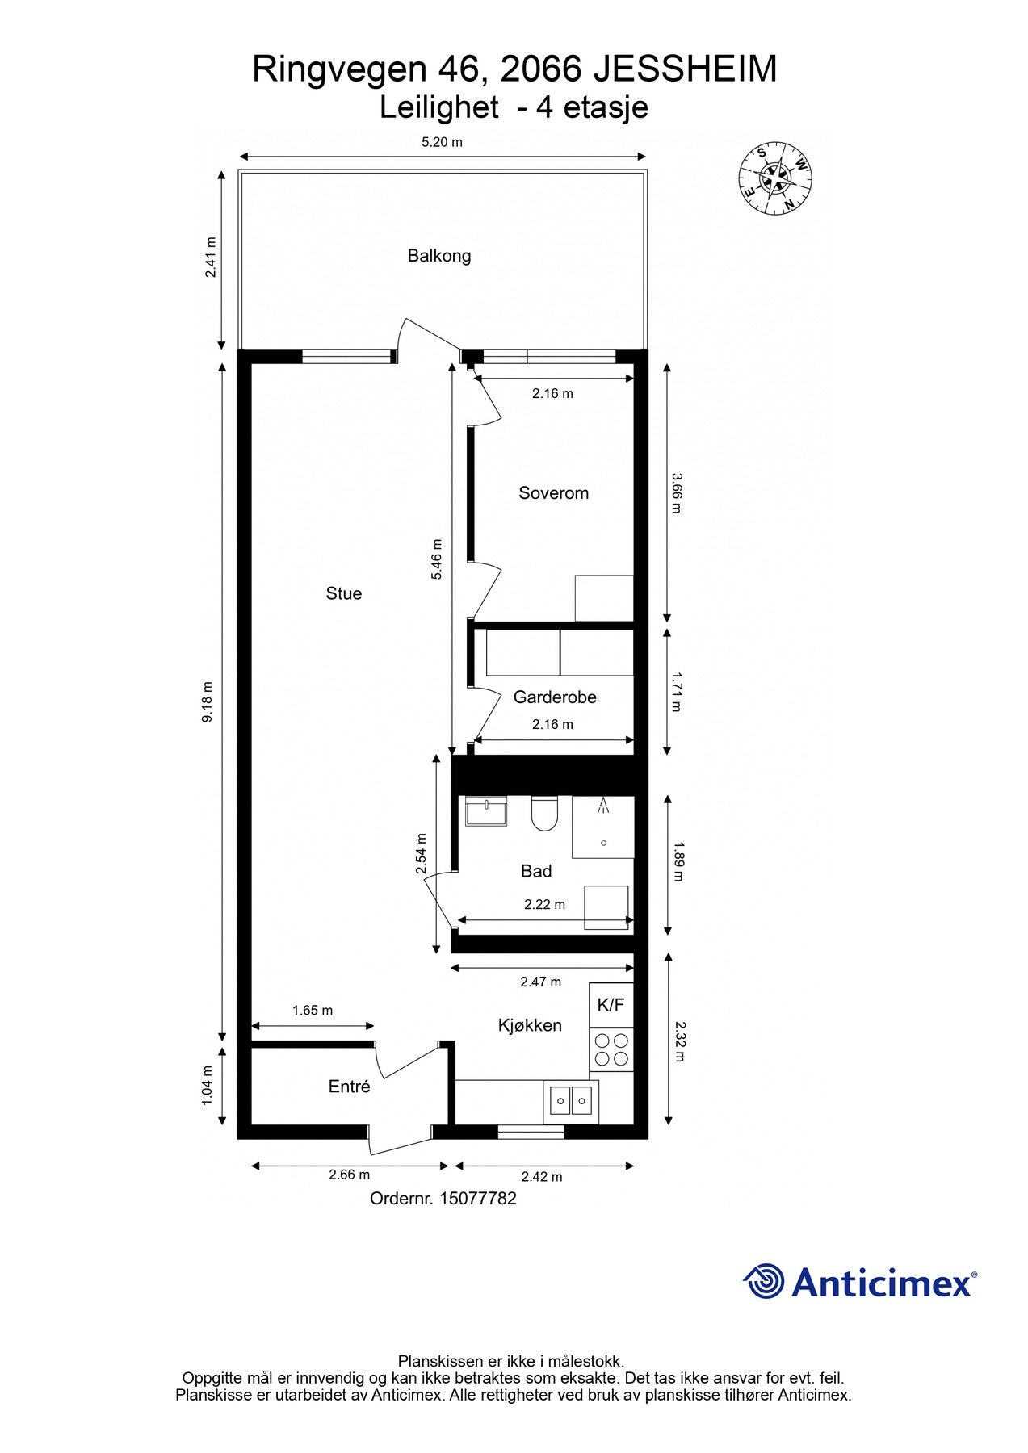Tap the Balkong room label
tap(438, 256)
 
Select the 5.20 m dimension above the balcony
tap(442, 143)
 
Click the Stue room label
tap(343, 593)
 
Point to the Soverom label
tap(553, 493)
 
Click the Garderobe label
tap(555, 697)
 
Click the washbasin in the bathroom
tap(486, 810)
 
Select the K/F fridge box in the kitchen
tap(611, 1005)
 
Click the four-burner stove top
tap(611, 1049)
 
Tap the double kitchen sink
tap(571, 1099)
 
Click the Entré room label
tap(349, 1087)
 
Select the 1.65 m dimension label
tap(313, 1011)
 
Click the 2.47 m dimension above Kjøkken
tap(540, 982)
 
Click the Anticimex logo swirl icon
tap(763, 1281)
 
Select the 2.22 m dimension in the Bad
tap(544, 904)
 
